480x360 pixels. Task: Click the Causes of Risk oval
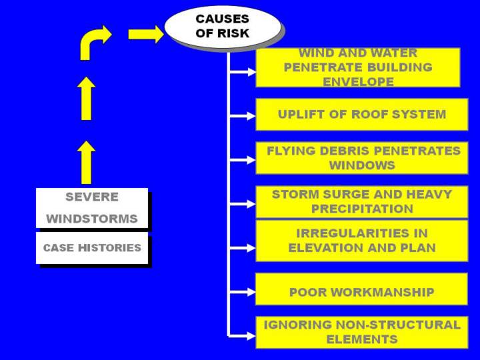pyautogui.click(x=222, y=26)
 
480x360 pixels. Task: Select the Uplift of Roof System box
pyautogui.click(x=361, y=114)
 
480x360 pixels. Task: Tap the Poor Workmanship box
pyautogui.click(x=361, y=291)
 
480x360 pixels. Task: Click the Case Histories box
pyautogui.click(x=92, y=247)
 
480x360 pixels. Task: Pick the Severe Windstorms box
pyautogui.click(x=92, y=207)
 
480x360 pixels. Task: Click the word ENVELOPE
pyautogui.click(x=358, y=81)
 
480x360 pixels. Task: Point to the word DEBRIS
pyautogui.click(x=342, y=151)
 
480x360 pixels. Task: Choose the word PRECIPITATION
pyautogui.click(x=362, y=209)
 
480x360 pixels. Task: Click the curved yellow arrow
pyautogui.click(x=94, y=41)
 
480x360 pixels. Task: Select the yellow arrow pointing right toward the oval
pyautogui.click(x=145, y=34)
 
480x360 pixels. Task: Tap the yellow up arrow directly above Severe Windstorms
pyautogui.click(x=86, y=162)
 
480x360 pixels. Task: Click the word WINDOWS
pyautogui.click(x=362, y=165)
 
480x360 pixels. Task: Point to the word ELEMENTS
pyautogui.click(x=362, y=339)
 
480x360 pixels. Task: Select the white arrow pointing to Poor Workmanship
pyautogui.click(x=242, y=291)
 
